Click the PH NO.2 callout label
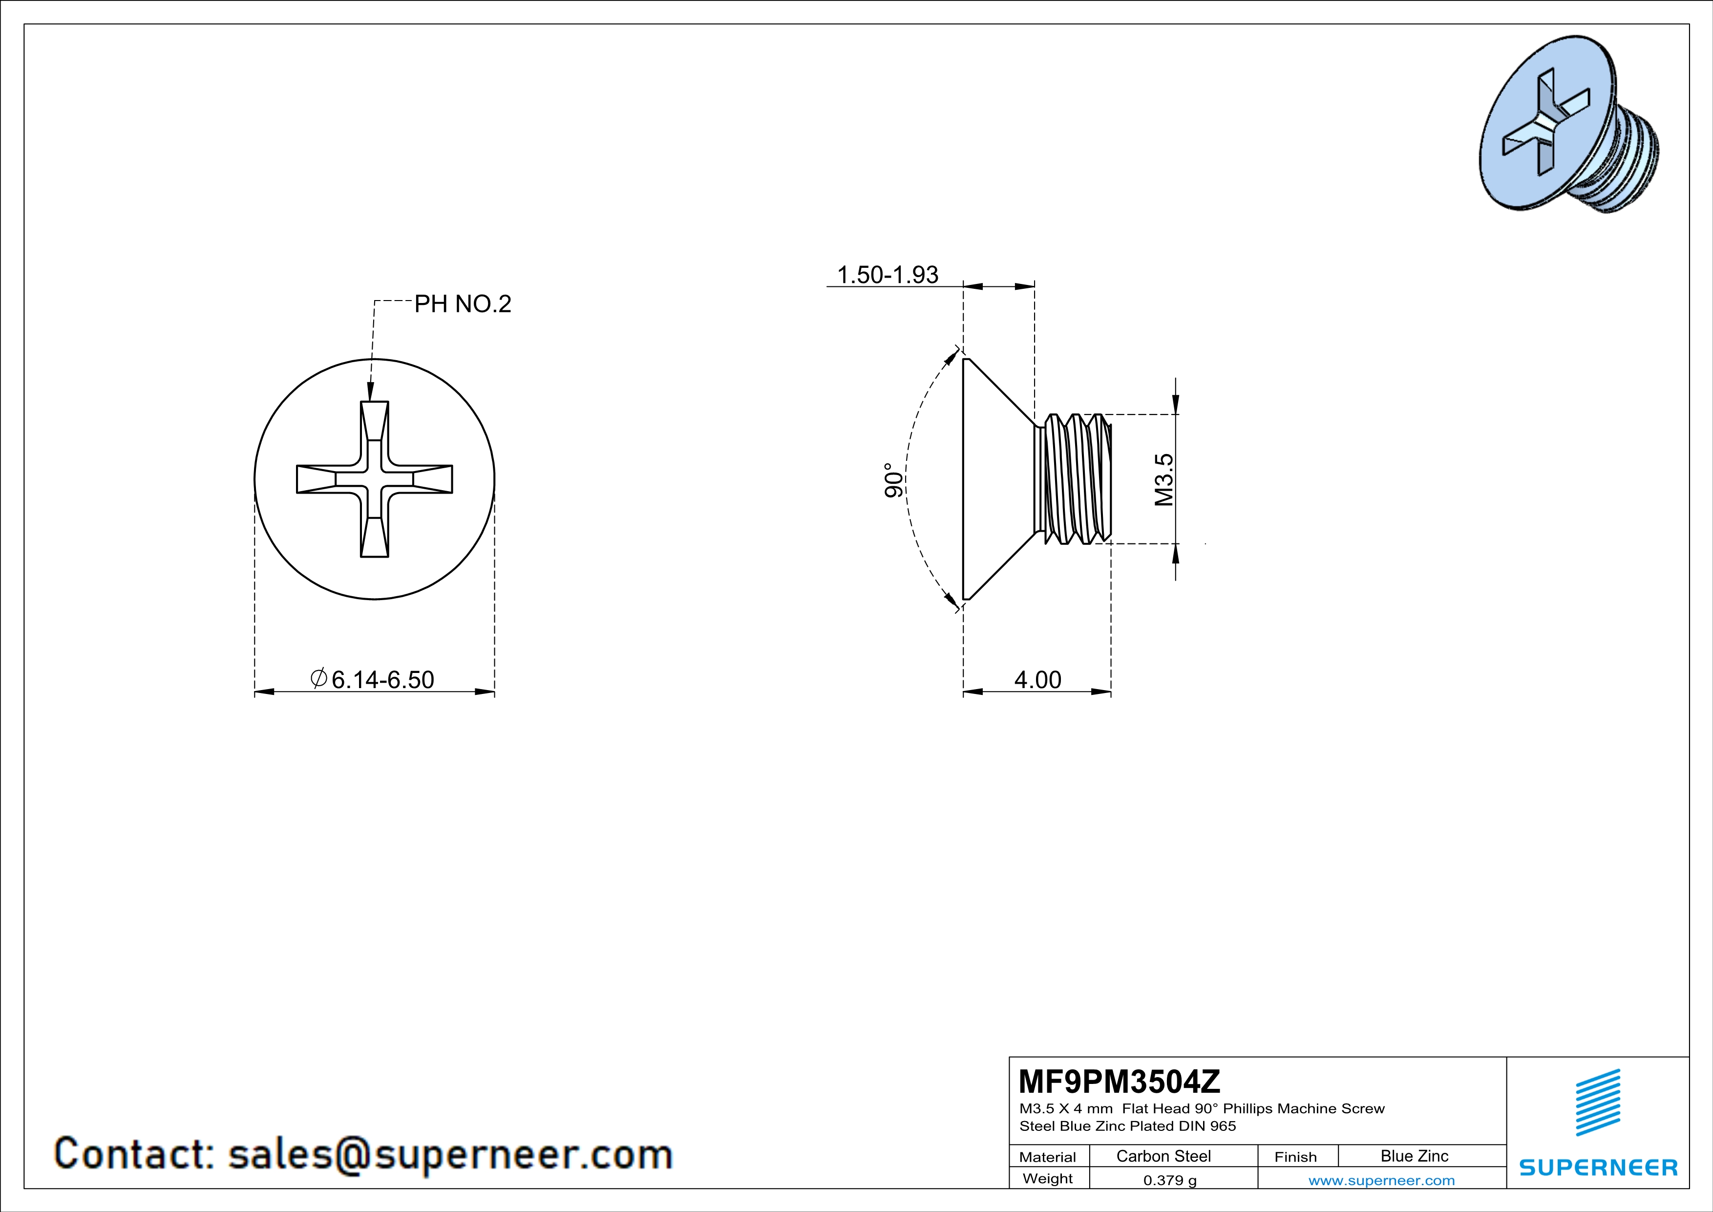[463, 304]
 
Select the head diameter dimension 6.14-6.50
[372, 679]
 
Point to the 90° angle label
[894, 480]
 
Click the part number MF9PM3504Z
[1119, 1080]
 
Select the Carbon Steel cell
[1163, 1156]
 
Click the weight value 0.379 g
[1170, 1180]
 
